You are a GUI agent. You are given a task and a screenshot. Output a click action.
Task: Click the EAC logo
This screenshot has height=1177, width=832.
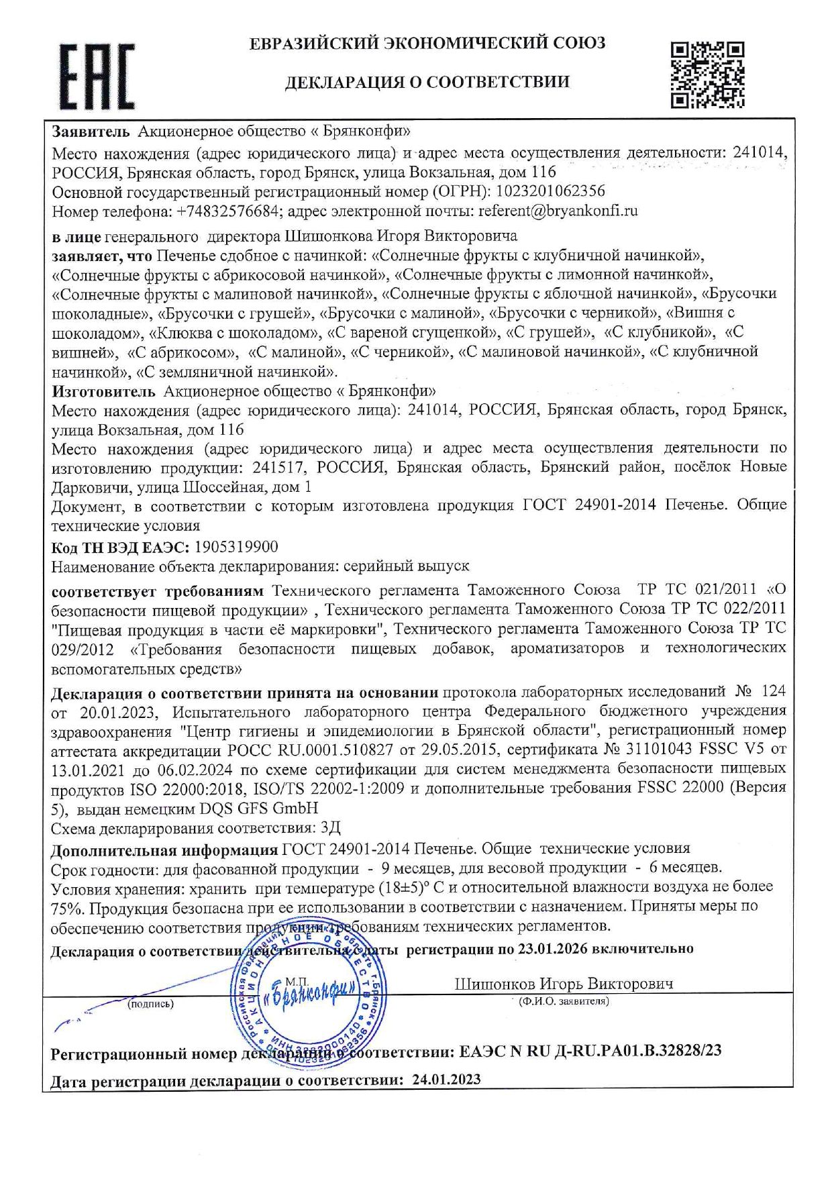tap(97, 75)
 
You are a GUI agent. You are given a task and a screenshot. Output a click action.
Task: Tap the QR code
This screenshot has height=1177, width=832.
tap(707, 74)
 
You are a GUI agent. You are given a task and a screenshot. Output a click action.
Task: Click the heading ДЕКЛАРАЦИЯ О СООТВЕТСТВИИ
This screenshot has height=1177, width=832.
tap(427, 83)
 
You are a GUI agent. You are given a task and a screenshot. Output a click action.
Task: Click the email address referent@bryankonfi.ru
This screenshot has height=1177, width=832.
tap(558, 211)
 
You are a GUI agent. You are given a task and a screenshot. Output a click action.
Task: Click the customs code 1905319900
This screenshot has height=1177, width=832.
tap(240, 547)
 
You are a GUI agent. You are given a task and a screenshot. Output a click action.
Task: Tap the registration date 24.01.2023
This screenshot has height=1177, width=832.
tap(446, 1080)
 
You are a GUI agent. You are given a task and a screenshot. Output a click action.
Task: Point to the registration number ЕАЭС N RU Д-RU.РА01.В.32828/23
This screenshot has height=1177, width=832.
tap(590, 1051)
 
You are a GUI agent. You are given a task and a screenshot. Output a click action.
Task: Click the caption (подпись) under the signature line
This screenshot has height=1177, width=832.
tap(150, 1004)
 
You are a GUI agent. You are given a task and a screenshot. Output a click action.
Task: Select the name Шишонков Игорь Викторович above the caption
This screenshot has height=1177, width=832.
tap(564, 984)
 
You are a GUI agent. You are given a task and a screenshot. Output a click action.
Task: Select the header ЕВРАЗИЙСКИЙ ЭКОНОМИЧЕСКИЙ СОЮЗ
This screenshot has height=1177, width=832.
tap(427, 44)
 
